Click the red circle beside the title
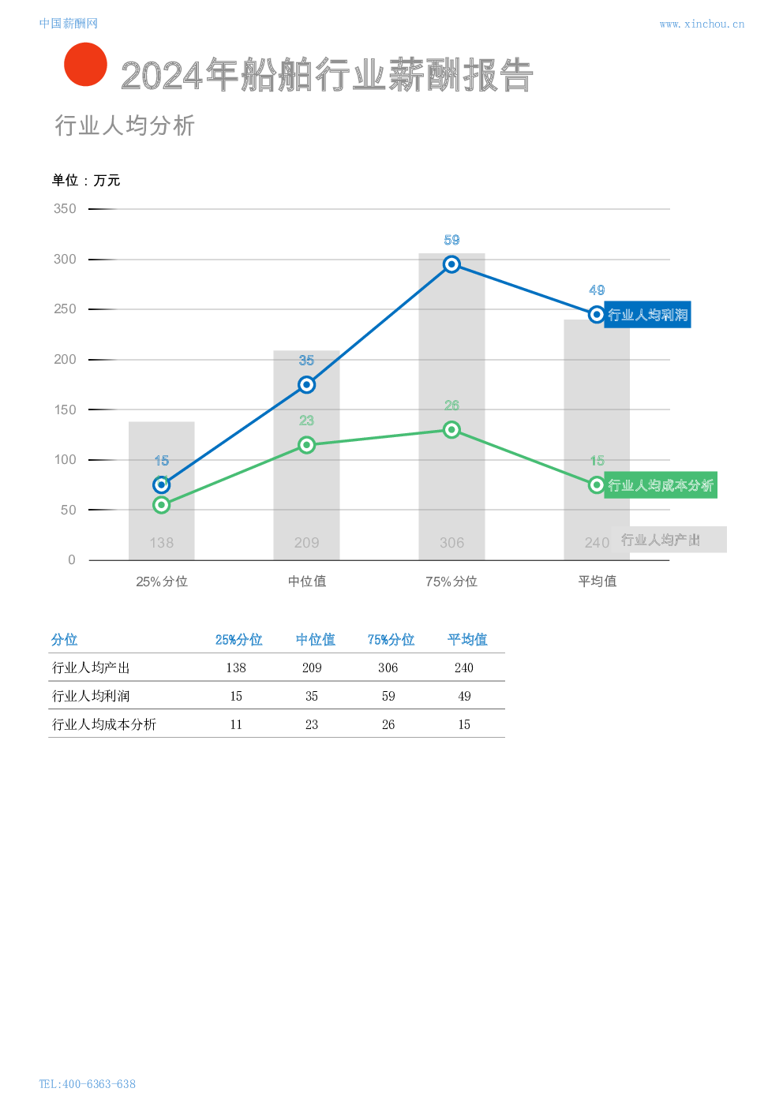[x=85, y=65]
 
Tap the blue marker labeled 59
[x=451, y=264]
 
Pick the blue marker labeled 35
[x=307, y=385]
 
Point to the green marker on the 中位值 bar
[x=307, y=445]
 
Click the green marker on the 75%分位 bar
[x=451, y=430]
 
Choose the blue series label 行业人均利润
[x=647, y=315]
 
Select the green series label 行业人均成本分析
[x=660, y=485]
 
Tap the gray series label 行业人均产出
[x=668, y=540]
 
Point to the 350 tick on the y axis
[x=65, y=209]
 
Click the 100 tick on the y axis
[x=65, y=460]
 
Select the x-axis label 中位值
[x=307, y=582]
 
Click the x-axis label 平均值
[x=597, y=582]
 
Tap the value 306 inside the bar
[x=451, y=543]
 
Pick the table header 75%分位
[x=391, y=640]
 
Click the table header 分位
[x=65, y=640]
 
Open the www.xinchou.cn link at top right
[x=702, y=24]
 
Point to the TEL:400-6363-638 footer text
[x=87, y=1084]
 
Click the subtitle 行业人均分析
[x=125, y=125]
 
